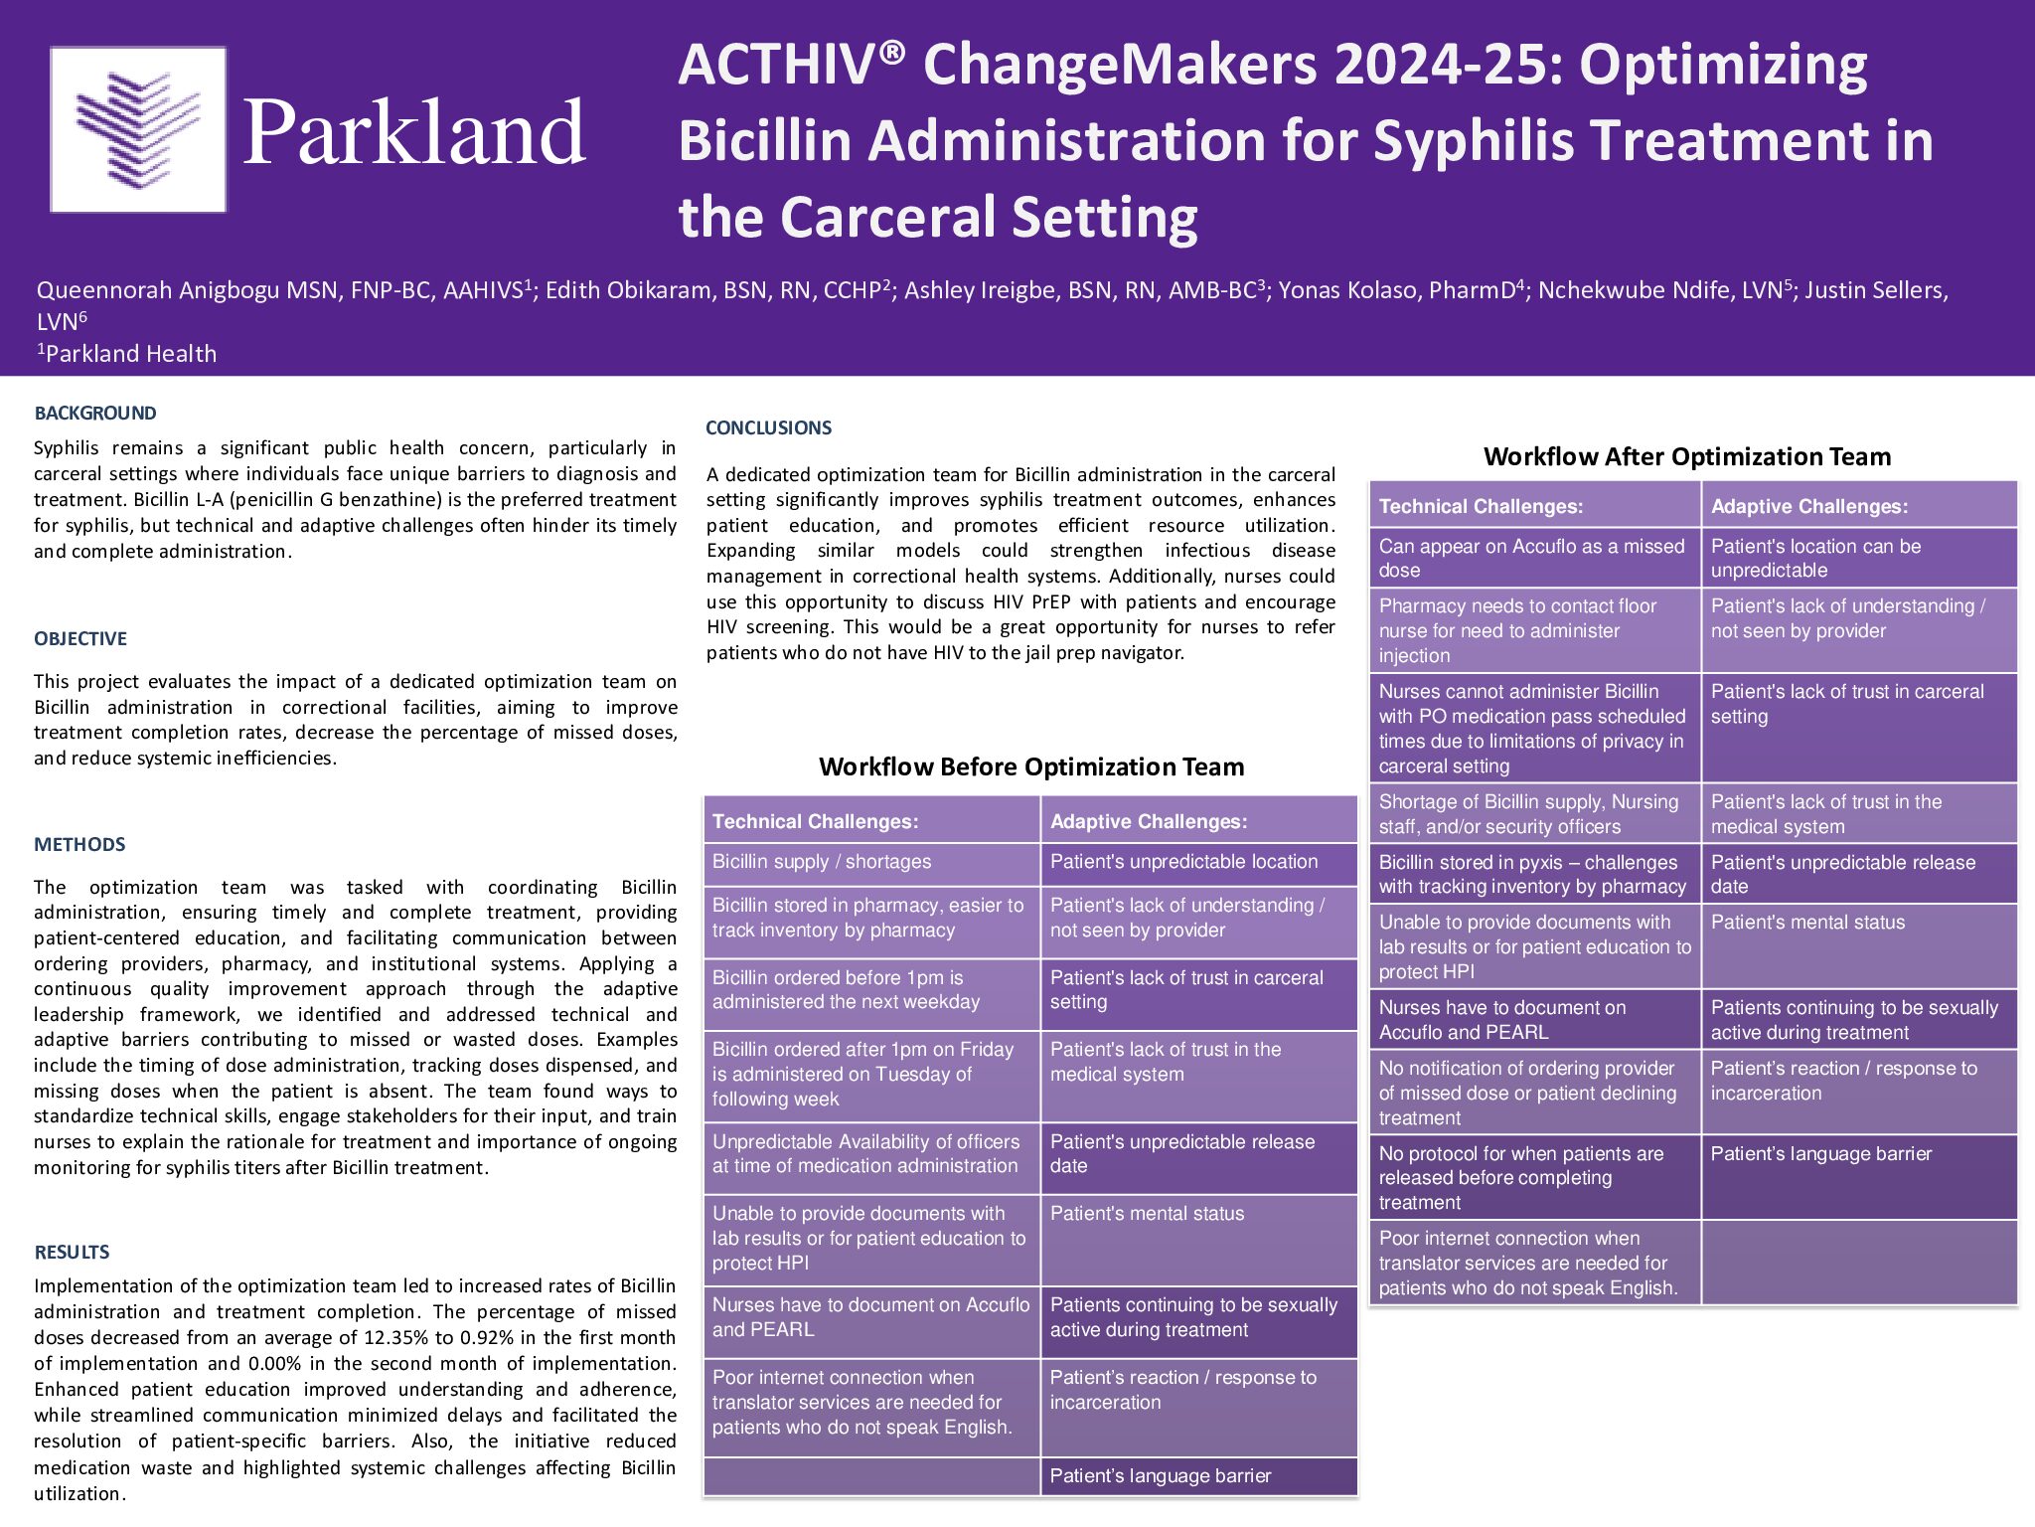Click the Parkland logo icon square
pyautogui.click(x=138, y=129)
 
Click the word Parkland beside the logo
pyautogui.click(x=414, y=132)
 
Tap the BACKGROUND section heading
pyautogui.click(x=95, y=414)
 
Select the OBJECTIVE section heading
pyautogui.click(x=80, y=639)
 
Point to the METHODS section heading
pyautogui.click(x=79, y=845)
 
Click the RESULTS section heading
pyautogui.click(x=72, y=1253)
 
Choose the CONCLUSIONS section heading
pyautogui.click(x=768, y=428)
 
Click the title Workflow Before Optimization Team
pyautogui.click(x=1031, y=766)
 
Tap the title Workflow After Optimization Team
pyautogui.click(x=1687, y=456)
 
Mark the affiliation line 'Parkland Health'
pyautogui.click(x=127, y=353)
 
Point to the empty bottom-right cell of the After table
pyautogui.click(x=1859, y=1263)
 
